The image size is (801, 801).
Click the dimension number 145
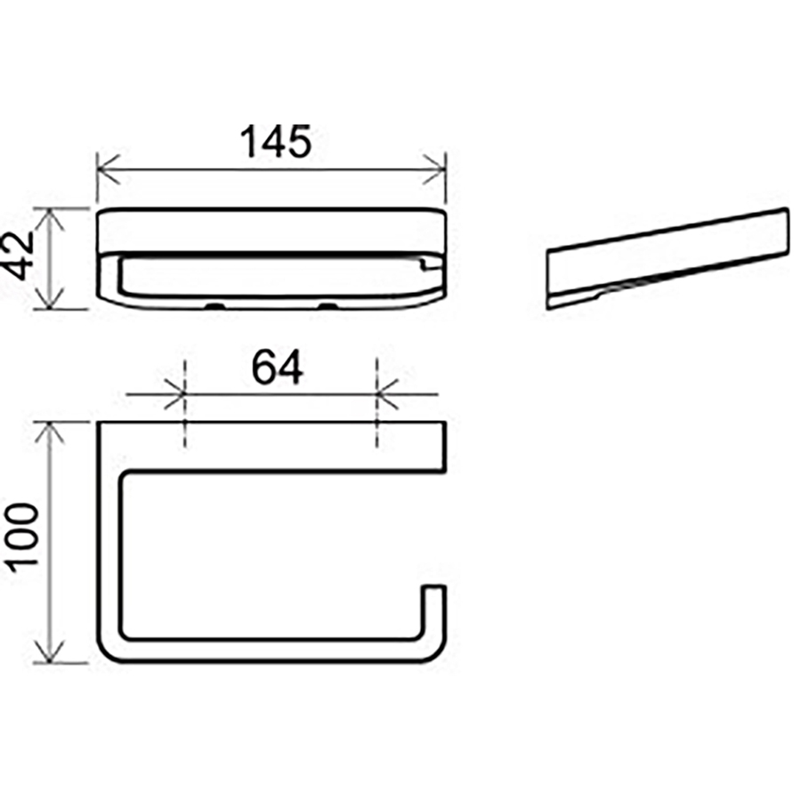tap(275, 142)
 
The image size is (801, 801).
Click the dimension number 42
tap(18, 255)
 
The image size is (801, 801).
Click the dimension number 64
tap(277, 367)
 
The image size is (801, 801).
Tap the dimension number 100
tap(21, 535)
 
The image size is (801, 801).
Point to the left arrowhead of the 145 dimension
tap(108, 168)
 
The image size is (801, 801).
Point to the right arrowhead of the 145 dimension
tap(434, 168)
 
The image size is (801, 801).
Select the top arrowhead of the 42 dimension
tap(49, 220)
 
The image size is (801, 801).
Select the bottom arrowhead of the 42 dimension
tap(49, 298)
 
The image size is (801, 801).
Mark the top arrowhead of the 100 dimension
tap(49, 433)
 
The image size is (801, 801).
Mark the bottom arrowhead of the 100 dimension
tap(49, 651)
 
